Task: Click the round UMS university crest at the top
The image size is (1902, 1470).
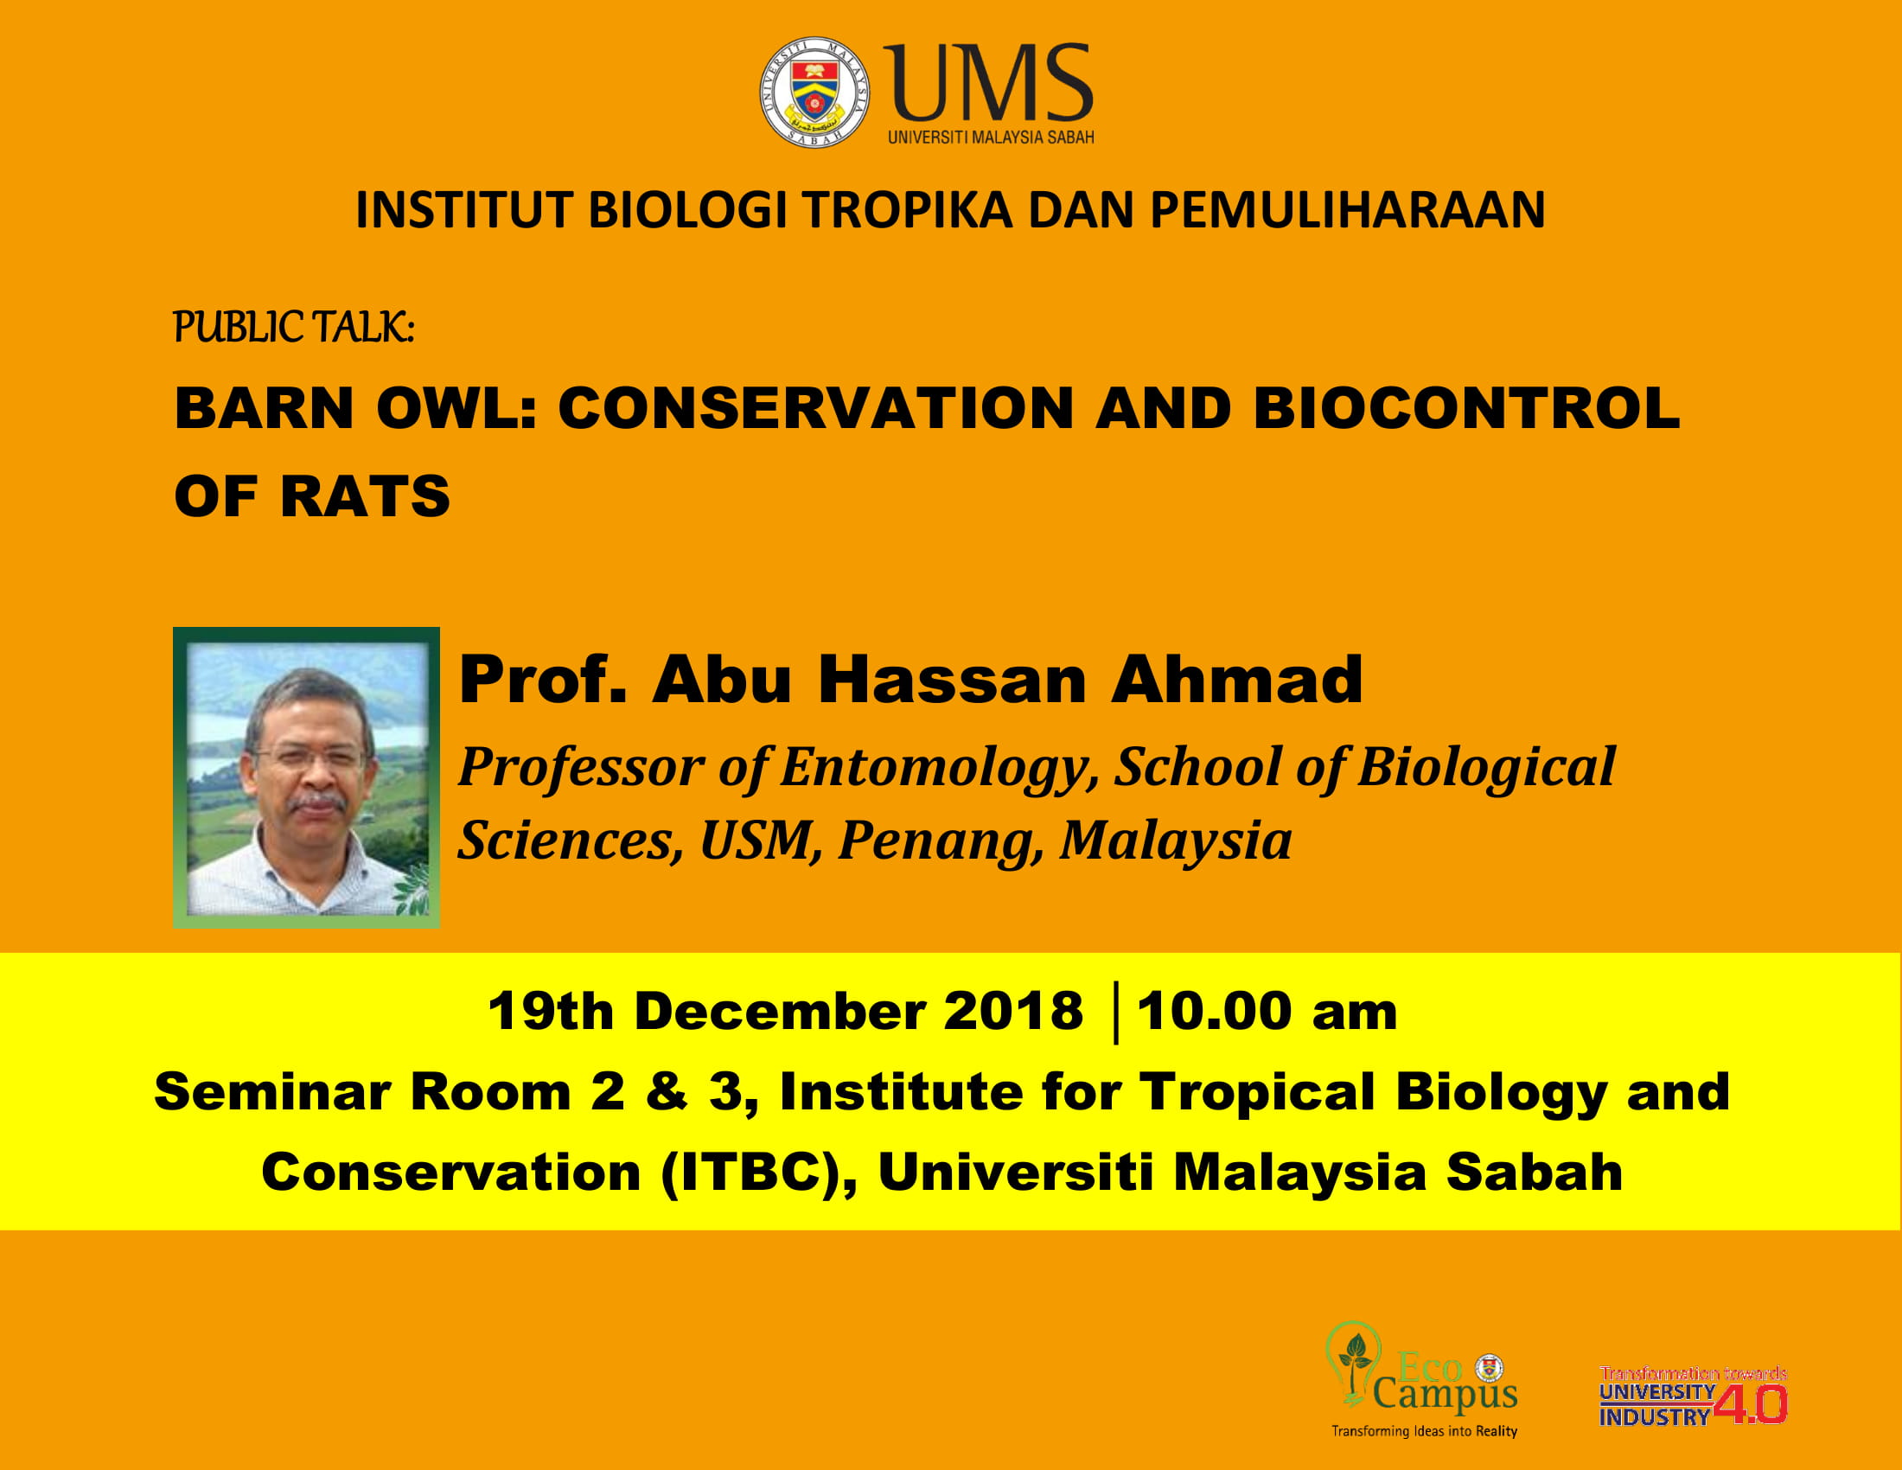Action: click(814, 93)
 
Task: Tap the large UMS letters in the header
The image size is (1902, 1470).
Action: click(989, 84)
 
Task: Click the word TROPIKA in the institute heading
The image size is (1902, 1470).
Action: click(908, 210)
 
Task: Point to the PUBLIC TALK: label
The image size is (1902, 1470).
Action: click(294, 328)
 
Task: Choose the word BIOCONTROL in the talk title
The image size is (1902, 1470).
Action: click(1466, 407)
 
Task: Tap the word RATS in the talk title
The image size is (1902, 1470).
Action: click(365, 496)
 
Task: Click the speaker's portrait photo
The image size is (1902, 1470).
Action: click(307, 777)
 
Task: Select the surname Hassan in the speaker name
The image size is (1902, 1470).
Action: click(952, 680)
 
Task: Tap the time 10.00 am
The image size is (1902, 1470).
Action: click(1267, 1012)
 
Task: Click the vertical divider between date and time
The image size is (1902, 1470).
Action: click(1115, 1013)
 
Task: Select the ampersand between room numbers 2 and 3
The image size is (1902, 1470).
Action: click(667, 1092)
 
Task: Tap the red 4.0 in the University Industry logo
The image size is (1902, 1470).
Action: click(1751, 1404)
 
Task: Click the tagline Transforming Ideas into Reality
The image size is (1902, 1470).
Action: click(1425, 1431)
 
